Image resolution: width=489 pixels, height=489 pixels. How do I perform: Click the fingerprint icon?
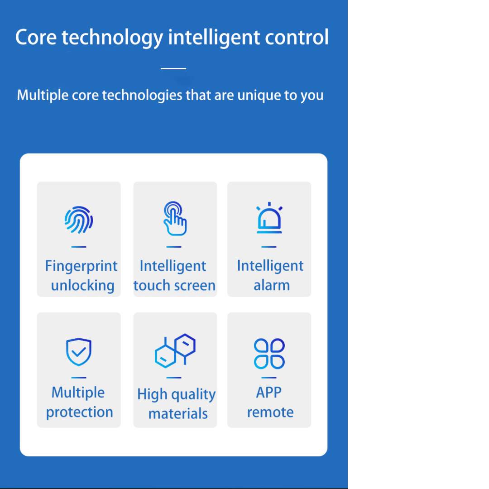click(79, 220)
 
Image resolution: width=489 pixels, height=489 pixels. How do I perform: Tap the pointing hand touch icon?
click(175, 218)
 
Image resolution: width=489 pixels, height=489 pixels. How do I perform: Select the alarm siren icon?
click(269, 218)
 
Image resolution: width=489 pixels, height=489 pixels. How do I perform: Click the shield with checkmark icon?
click(79, 352)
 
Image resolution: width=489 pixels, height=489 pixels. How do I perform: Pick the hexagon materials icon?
click(175, 350)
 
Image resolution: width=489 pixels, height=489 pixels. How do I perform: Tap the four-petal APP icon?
click(269, 354)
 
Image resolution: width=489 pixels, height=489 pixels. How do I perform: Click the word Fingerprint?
click(81, 267)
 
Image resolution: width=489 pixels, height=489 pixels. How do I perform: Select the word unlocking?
click(83, 286)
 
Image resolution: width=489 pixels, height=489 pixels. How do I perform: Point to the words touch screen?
click(174, 285)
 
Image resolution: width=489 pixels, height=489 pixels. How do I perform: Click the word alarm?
click(272, 285)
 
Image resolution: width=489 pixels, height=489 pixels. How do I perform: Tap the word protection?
click(80, 412)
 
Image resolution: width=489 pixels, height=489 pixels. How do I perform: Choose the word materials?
click(178, 414)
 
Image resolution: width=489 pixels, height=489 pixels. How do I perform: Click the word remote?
click(270, 412)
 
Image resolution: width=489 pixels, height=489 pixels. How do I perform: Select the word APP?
click(269, 392)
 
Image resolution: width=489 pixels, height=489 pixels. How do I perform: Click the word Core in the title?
click(36, 37)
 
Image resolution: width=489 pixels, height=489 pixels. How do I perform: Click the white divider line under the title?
click(173, 68)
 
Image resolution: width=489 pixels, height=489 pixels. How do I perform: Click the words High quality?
click(177, 394)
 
